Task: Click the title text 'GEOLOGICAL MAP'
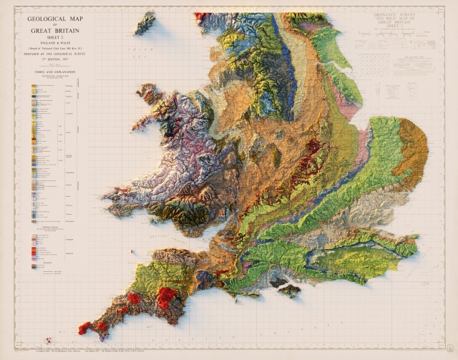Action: tap(53, 20)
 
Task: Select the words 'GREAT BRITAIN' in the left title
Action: tap(53, 31)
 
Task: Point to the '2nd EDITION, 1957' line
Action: tap(53, 57)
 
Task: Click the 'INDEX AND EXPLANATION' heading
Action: tap(53, 72)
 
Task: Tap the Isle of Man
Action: tap(145, 22)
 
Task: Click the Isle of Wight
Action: tap(289, 290)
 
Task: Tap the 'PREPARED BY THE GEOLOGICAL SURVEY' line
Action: tap(53, 52)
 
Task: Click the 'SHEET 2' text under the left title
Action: tap(53, 37)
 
